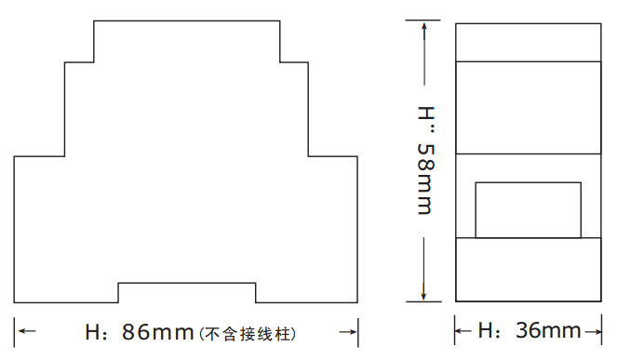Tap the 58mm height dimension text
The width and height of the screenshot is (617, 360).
coord(424,178)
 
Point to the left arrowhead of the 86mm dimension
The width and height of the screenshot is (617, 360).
coord(25,331)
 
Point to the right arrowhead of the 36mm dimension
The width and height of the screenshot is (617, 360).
coord(596,330)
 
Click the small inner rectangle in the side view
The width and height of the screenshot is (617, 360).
coord(528,210)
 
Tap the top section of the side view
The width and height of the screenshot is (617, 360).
coord(528,42)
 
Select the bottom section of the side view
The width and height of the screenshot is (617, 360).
coord(528,270)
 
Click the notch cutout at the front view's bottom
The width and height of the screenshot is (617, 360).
coord(186,292)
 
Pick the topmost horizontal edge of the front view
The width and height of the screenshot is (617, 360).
coord(186,20)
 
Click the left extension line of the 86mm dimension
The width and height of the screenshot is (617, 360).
coord(14,330)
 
